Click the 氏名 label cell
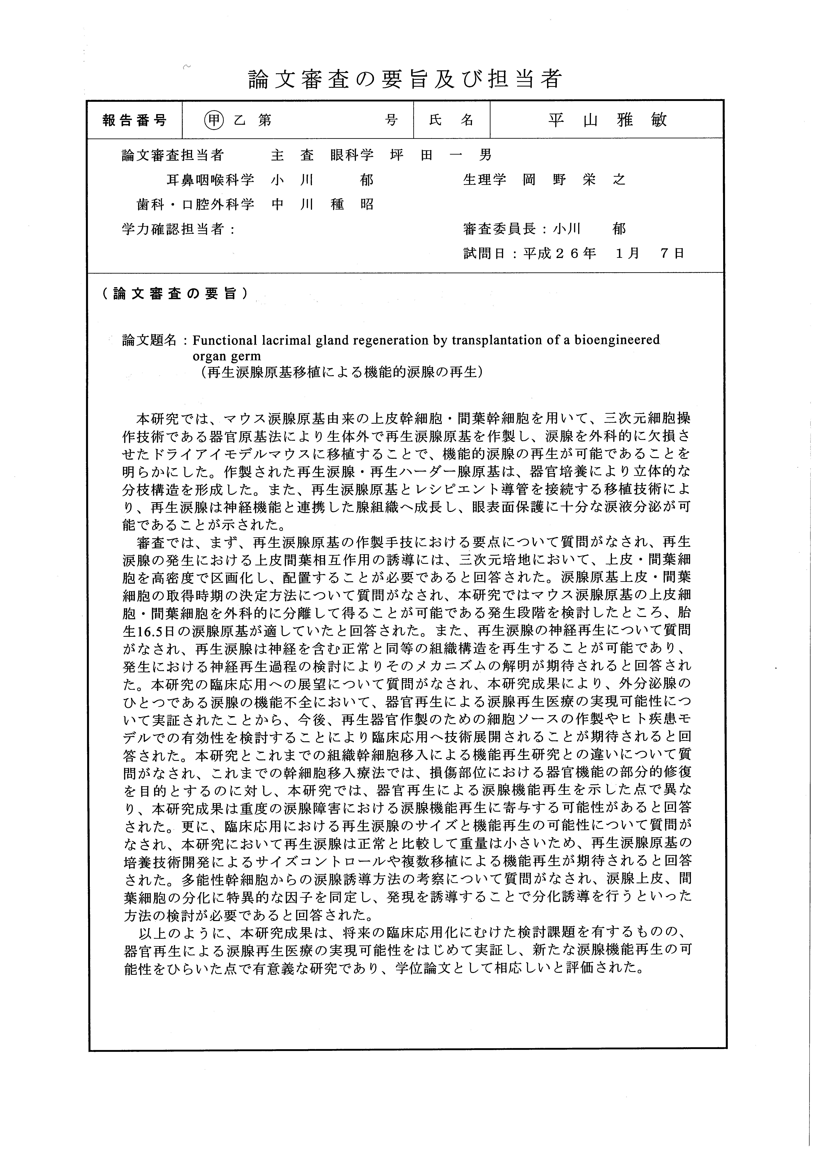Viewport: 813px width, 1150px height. click(x=451, y=120)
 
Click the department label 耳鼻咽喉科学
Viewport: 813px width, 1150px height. click(x=210, y=180)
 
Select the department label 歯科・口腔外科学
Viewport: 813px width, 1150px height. click(x=195, y=204)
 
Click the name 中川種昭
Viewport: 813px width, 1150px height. click(x=322, y=204)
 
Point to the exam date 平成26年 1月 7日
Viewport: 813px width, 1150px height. click(x=604, y=253)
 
